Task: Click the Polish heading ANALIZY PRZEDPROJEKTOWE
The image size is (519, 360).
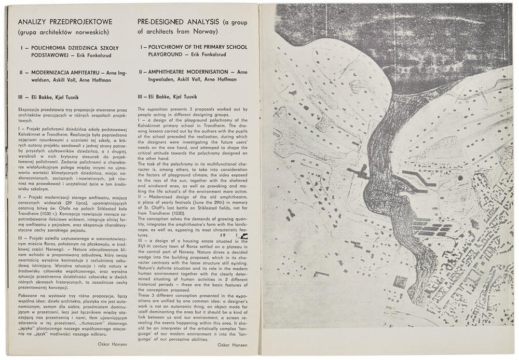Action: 65,22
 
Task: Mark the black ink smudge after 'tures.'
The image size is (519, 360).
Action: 243,236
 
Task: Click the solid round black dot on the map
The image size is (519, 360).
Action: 460,178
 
